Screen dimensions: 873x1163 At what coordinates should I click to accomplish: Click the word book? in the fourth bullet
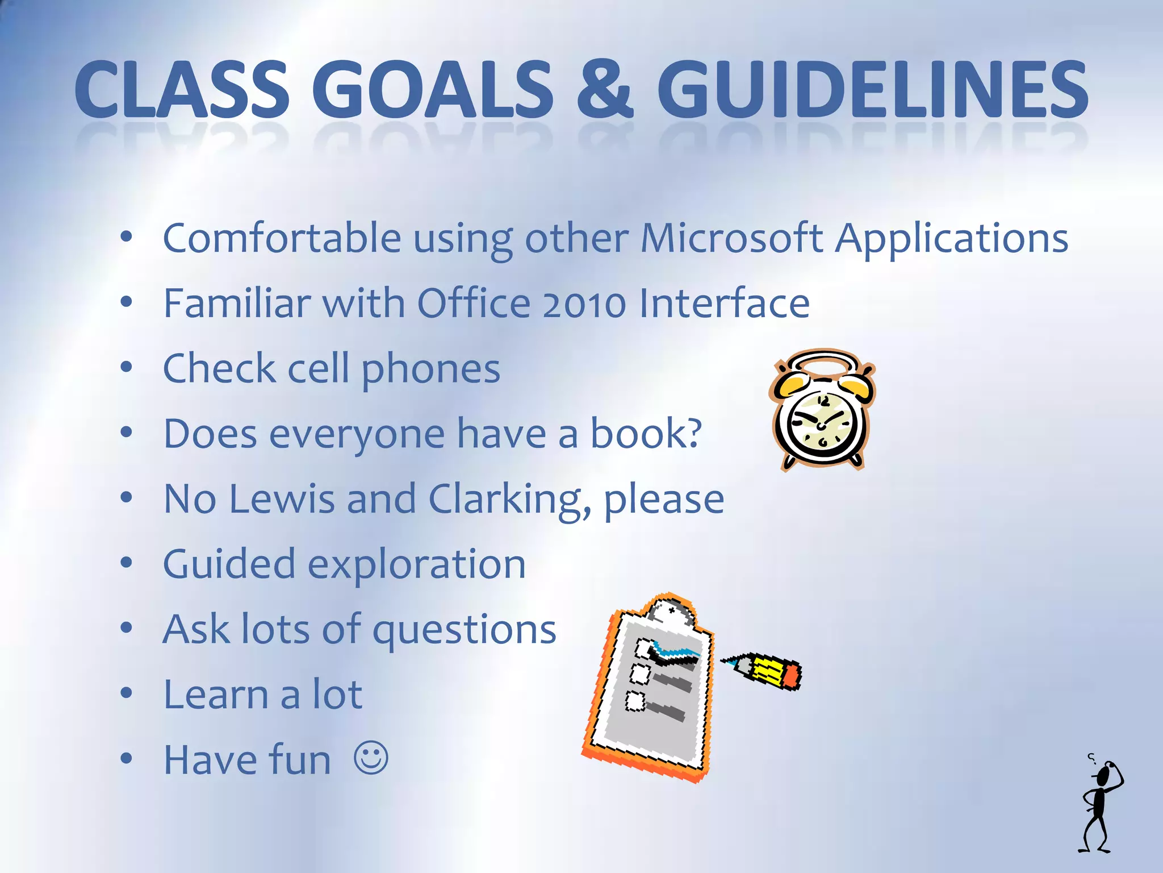(x=646, y=434)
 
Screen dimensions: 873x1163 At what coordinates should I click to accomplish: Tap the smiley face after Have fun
(x=371, y=758)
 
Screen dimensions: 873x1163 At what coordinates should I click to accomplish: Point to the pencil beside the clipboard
(x=764, y=671)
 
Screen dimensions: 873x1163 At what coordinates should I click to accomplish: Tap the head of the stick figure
(x=1103, y=775)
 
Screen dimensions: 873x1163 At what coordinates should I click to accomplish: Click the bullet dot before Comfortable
(x=127, y=237)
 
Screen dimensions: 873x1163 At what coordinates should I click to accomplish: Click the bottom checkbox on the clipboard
(x=635, y=701)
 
